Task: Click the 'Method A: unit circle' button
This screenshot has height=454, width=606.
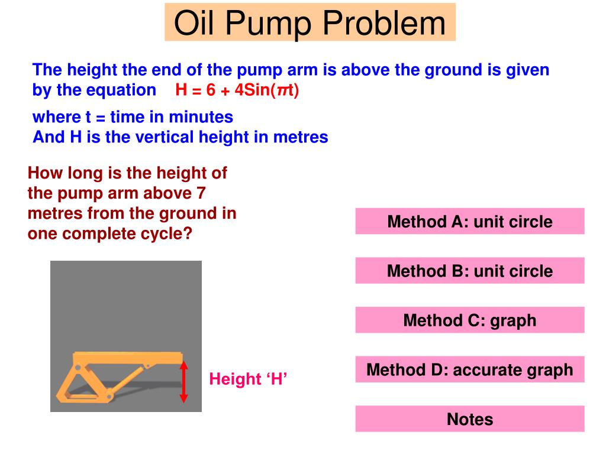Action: tap(470, 222)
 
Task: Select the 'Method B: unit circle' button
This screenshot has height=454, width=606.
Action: tap(470, 271)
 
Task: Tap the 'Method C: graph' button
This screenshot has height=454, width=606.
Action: tap(470, 320)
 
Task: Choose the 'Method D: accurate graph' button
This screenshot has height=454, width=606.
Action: tap(470, 370)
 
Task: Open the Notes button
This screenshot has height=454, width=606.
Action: tap(470, 419)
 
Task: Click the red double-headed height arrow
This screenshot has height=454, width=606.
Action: tap(184, 381)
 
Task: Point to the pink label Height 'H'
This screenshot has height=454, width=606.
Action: tap(247, 379)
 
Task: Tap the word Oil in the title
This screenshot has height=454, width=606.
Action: tap(196, 23)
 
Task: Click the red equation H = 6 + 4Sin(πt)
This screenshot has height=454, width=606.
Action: tap(238, 90)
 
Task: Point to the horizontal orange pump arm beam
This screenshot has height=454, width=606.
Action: tap(128, 358)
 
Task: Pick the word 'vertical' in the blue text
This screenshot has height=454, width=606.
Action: tap(160, 137)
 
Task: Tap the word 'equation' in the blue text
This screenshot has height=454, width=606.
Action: tap(121, 90)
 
